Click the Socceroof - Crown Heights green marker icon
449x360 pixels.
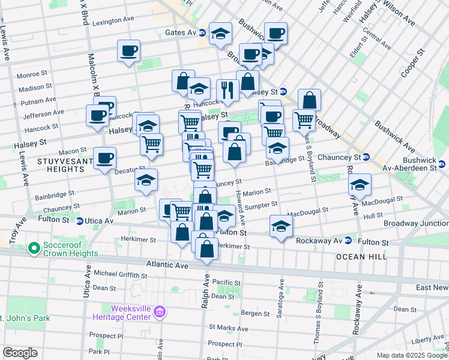coord(34,247)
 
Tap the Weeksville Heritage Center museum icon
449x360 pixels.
coord(160,311)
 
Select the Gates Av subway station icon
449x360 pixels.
coord(203,33)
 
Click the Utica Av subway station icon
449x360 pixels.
coord(80,221)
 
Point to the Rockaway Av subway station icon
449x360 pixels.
coord(348,241)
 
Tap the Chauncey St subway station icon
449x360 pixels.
coord(366,157)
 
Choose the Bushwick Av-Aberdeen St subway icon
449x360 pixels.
coord(442,164)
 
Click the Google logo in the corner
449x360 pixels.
coord(20,353)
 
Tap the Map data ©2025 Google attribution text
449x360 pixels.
coord(411,355)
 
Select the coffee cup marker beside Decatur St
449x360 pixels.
coord(104,158)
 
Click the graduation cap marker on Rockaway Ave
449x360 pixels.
coord(360,185)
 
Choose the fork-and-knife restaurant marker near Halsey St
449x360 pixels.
coord(228,90)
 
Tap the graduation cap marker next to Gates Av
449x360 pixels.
coord(221,34)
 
